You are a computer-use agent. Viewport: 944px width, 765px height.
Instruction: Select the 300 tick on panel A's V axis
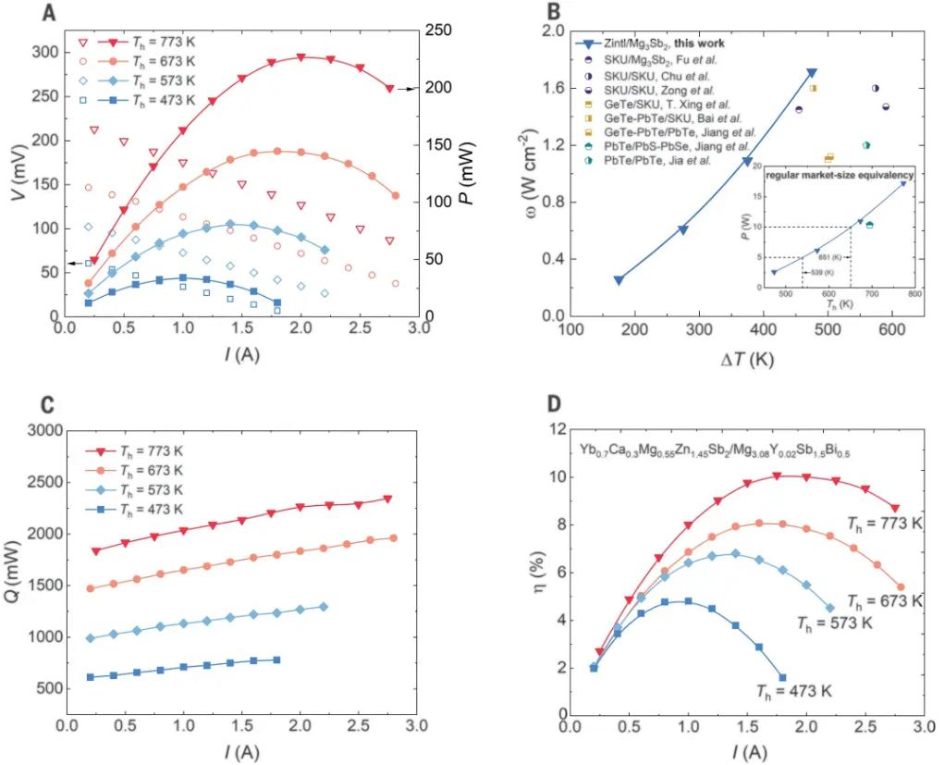click(x=43, y=52)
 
